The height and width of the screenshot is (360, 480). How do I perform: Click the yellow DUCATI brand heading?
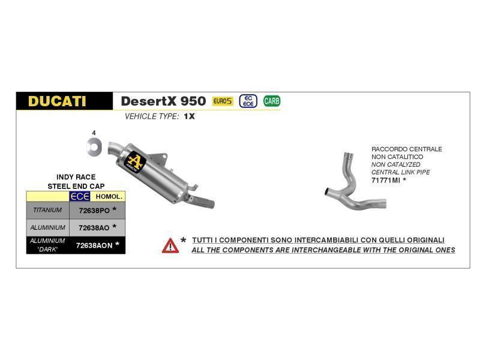pos(57,101)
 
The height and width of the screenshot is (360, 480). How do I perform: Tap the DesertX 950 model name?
pos(163,101)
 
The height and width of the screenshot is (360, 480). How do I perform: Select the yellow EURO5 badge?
pos(223,101)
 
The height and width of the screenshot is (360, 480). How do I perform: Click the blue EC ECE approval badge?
pos(248,101)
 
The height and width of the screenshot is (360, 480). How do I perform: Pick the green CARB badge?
pos(272,101)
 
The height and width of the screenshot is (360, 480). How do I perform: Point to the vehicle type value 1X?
pos(190,116)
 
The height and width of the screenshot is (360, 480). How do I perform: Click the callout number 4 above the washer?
pos(94,133)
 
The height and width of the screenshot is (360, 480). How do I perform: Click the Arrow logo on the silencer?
pos(134,162)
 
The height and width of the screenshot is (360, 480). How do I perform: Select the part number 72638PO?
pos(94,211)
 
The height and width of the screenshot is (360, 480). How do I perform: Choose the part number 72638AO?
pos(94,228)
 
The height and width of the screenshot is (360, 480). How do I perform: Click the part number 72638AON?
pos(94,245)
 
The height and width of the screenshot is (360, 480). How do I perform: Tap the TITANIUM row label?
pos(47,210)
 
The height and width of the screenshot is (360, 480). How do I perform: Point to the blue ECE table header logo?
pos(80,196)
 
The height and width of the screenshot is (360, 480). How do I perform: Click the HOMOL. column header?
pos(109,197)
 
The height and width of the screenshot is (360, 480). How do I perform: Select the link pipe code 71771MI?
pos(386,181)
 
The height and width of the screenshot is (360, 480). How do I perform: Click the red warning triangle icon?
pos(170,246)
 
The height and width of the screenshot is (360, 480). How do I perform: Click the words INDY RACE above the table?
pos(76,177)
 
